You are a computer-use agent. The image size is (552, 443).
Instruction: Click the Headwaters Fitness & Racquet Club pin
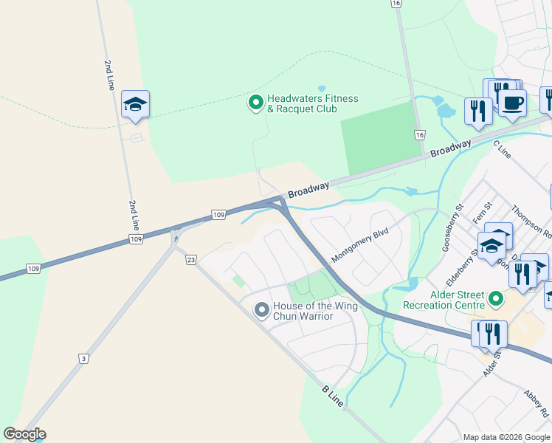(256, 102)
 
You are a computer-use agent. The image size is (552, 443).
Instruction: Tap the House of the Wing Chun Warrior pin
(261, 311)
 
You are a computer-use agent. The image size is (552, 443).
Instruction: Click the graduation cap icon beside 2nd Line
(136, 104)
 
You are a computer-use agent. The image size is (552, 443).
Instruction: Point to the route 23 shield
(190, 260)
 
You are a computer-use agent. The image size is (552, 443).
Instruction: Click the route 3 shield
(84, 359)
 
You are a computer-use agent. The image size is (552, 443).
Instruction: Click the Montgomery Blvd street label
(360, 244)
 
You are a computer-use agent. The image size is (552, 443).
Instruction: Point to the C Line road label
(502, 148)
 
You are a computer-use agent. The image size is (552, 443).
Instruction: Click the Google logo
(24, 434)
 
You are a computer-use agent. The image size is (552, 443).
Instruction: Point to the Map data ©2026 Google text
(507, 437)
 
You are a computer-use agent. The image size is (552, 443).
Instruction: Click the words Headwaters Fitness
(313, 98)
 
